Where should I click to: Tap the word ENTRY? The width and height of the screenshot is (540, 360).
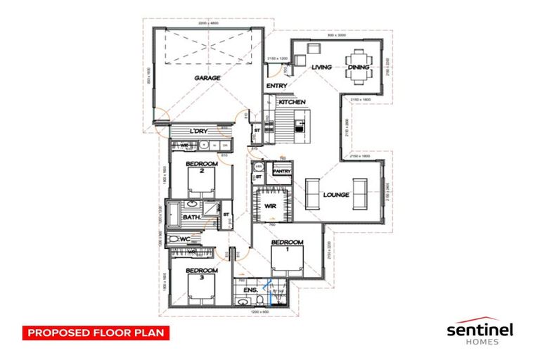click(x=274, y=86)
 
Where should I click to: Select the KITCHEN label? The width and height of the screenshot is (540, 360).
click(x=292, y=102)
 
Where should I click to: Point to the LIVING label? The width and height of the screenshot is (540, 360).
click(x=321, y=67)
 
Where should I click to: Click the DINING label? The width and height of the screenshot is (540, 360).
click(x=358, y=67)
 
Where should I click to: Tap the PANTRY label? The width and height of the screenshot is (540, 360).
click(x=282, y=171)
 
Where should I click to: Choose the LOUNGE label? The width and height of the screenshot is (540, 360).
click(x=337, y=195)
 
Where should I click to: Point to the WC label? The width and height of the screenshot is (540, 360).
click(x=186, y=239)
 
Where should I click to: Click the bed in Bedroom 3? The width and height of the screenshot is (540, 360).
click(x=200, y=289)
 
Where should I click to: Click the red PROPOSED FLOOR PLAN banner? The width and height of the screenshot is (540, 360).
click(x=96, y=332)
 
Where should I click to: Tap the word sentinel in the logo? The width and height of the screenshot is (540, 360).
click(x=480, y=329)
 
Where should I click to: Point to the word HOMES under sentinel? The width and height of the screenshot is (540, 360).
click(x=480, y=342)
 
